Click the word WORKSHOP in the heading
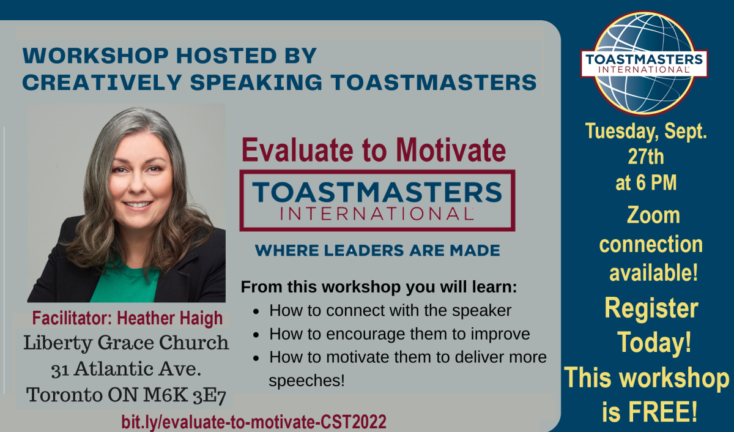(95, 56)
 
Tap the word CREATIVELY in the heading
(102, 82)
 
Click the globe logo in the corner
(644, 64)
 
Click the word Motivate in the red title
(451, 150)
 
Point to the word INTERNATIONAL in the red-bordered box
(377, 214)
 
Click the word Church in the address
(194, 343)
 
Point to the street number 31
(60, 370)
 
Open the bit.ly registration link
(254, 422)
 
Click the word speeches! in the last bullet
(306, 381)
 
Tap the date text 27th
(646, 157)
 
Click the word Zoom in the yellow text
(653, 215)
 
